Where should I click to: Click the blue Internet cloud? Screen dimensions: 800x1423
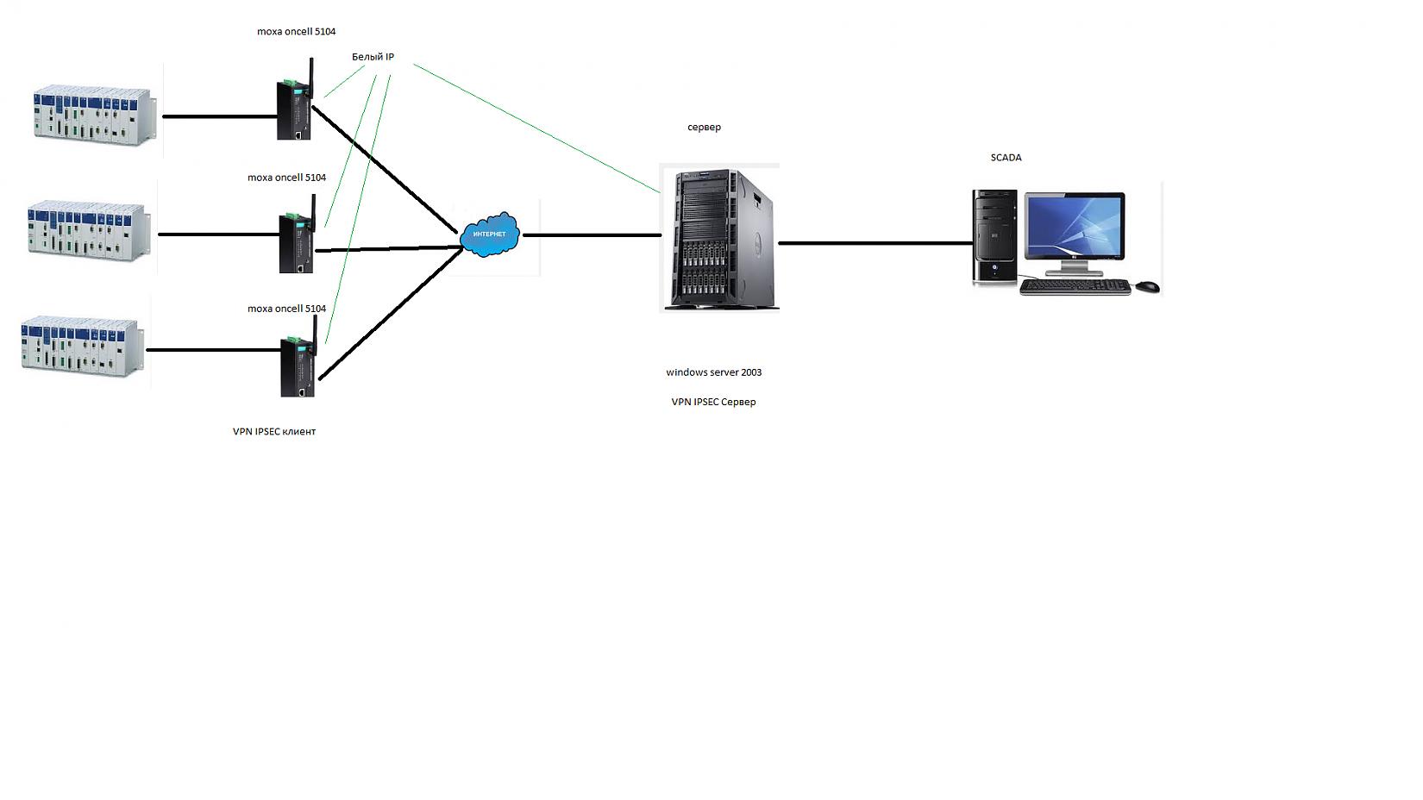pos(490,234)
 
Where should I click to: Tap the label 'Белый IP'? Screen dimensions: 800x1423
pos(373,57)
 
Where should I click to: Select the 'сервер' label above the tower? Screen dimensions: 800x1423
pos(704,127)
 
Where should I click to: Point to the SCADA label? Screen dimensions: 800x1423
pos(1006,158)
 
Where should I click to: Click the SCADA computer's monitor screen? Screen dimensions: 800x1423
pos(1075,227)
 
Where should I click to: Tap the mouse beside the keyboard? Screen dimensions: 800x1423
pos(1147,286)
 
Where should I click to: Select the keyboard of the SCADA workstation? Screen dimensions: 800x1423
pos(1075,287)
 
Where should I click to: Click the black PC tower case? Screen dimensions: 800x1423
pos(994,237)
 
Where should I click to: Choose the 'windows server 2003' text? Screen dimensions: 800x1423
pos(713,372)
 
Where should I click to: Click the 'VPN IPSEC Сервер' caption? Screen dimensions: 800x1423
pos(713,402)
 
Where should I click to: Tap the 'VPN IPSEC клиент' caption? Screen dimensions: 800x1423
pos(274,431)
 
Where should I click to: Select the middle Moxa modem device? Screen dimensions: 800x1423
pos(296,243)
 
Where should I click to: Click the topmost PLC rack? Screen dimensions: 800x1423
pos(95,114)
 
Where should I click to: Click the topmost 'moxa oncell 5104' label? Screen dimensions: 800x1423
pos(296,32)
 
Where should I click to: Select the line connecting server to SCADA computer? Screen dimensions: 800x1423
pos(875,243)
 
